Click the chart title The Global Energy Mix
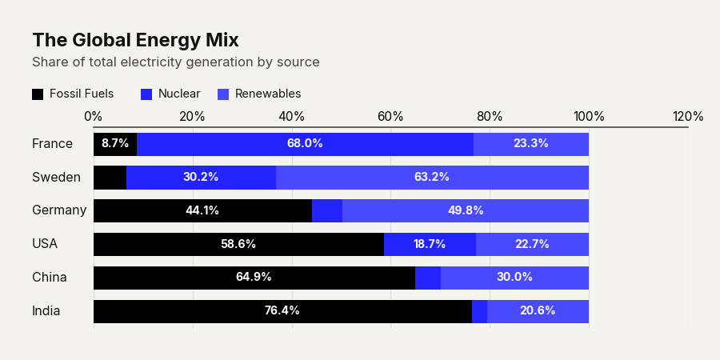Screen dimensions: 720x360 (135, 41)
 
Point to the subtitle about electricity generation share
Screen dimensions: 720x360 (176, 62)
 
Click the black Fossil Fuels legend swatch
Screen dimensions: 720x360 (38, 94)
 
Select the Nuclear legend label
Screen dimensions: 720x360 (179, 94)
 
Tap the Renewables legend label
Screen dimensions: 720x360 (268, 94)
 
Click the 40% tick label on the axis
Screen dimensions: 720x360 (291, 117)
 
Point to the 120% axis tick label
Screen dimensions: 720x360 (688, 117)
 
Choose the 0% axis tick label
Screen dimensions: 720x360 (94, 117)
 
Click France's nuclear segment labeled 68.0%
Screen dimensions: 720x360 (305, 144)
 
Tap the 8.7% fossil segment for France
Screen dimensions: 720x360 (115, 144)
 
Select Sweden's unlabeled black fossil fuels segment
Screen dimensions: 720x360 (110, 178)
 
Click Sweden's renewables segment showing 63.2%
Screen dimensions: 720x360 (432, 178)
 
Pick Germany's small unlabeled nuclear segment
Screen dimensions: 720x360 (327, 210)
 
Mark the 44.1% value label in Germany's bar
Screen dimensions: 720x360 (202, 210)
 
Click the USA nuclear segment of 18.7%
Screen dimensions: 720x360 (430, 244)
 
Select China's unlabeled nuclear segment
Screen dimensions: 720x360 (427, 278)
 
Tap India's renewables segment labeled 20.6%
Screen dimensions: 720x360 (538, 311)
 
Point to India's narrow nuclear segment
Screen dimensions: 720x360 (479, 311)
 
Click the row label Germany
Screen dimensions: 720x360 (59, 210)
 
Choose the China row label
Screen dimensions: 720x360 (49, 278)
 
